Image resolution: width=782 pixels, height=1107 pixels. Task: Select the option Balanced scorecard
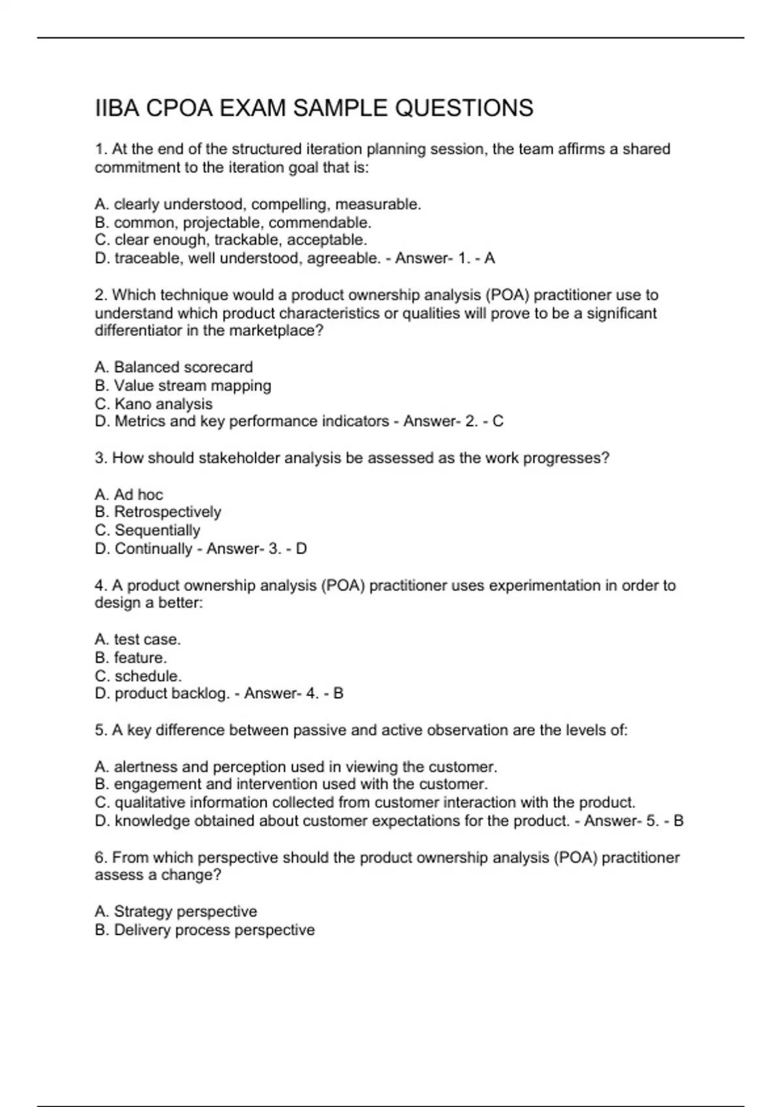coord(183,367)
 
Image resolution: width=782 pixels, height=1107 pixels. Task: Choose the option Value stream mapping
coord(192,385)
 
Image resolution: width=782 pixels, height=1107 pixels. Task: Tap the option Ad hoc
coord(138,495)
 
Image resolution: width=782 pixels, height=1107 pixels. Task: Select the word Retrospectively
coord(167,512)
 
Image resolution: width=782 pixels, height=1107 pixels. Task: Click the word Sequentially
coord(157,530)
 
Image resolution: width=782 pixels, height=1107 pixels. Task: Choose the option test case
coord(147,639)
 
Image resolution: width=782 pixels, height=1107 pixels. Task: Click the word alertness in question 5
coord(146,767)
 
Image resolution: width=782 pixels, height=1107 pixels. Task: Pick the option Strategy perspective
coord(185,912)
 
